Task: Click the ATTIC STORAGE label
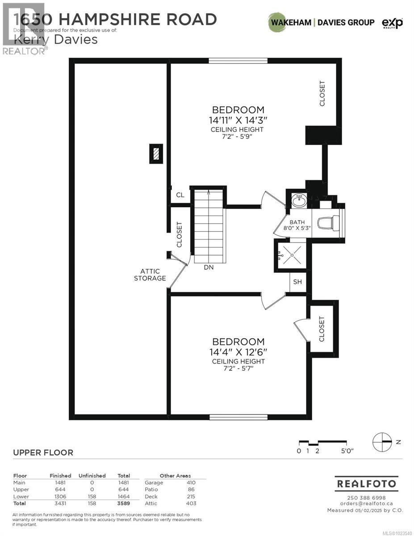tap(153, 275)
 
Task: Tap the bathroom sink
tap(298, 201)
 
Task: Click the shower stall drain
tap(292, 255)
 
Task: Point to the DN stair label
tap(209, 268)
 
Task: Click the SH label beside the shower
tap(298, 282)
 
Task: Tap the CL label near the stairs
tap(180, 195)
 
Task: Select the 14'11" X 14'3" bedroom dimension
tap(238, 120)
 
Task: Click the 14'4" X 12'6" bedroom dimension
tap(238, 352)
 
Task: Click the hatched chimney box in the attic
tap(155, 154)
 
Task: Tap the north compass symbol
tap(382, 441)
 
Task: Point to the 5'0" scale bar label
tap(346, 451)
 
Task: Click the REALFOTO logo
tap(366, 484)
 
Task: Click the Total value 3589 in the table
tap(123, 503)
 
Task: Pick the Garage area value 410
tap(191, 482)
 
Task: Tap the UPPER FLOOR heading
tap(43, 452)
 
